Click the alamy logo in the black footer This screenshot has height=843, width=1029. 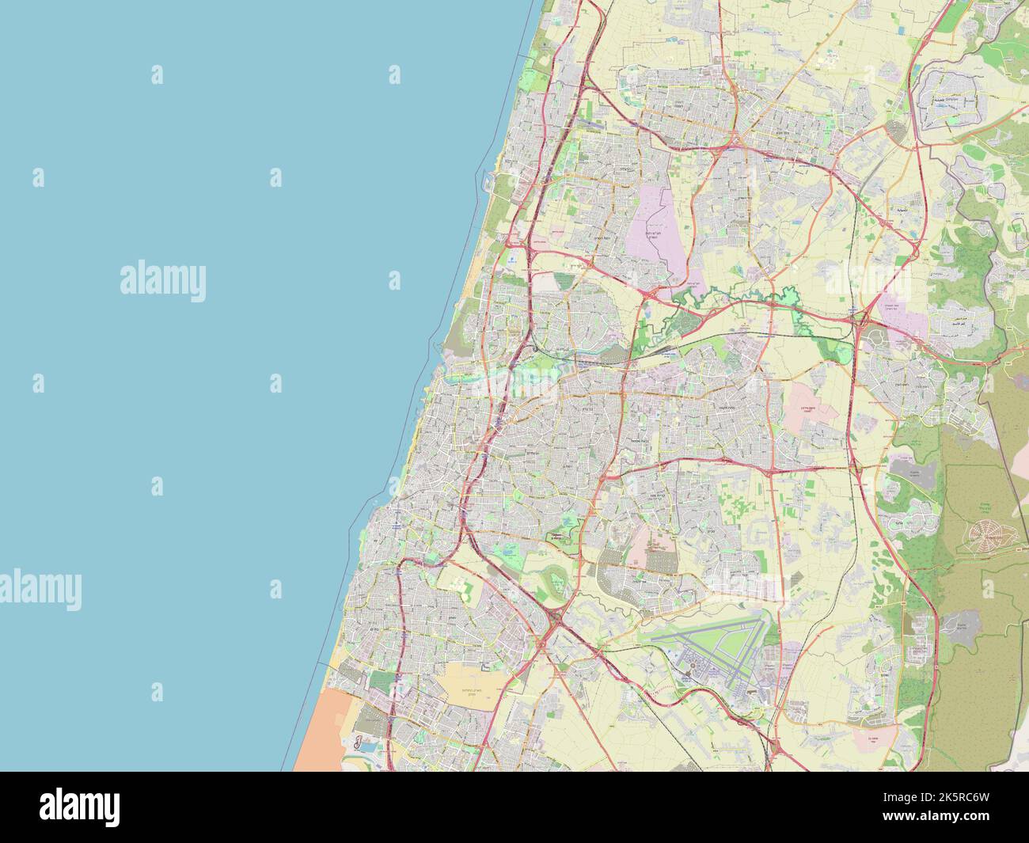(79, 807)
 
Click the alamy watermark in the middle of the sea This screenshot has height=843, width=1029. (163, 282)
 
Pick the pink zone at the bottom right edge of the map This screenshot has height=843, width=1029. (871, 739)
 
